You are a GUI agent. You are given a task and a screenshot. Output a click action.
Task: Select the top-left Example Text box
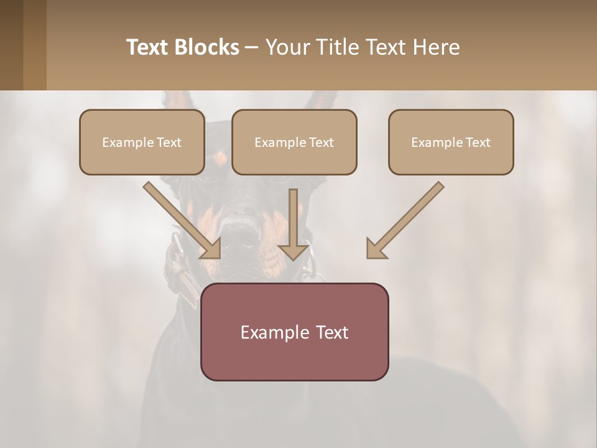(142, 142)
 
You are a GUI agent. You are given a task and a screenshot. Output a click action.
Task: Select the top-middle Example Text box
(294, 142)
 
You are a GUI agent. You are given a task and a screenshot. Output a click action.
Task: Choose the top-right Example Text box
(451, 142)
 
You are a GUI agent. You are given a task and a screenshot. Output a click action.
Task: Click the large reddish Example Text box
(294, 332)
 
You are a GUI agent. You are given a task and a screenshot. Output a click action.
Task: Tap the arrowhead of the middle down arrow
(293, 251)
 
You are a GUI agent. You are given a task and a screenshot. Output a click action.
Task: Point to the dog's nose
(239, 233)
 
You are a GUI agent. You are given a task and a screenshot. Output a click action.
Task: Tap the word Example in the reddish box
(274, 332)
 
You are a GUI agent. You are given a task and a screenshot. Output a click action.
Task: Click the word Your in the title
(287, 47)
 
